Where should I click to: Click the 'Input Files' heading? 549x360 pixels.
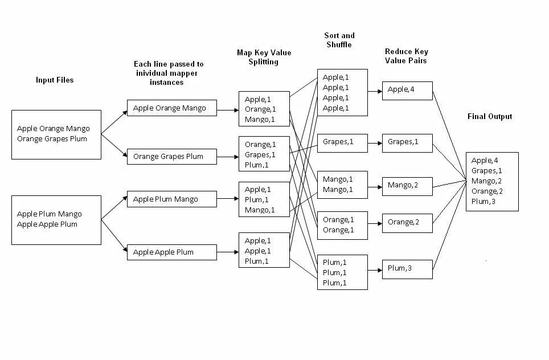point(55,80)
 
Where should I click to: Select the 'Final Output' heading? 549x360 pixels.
point(489,117)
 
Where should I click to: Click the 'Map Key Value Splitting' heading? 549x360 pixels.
point(264,57)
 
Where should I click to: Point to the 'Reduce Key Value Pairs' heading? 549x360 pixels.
point(406,56)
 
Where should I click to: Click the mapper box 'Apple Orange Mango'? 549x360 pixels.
point(171,108)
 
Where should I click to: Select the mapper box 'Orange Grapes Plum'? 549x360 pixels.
point(171,156)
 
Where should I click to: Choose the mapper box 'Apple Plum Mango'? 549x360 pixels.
point(171,199)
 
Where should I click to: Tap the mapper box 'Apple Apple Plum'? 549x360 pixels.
point(171,252)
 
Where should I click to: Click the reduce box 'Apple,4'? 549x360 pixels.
point(407,90)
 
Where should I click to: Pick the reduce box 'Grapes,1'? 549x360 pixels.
point(407,142)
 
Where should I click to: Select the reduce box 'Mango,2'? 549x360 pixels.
point(407,186)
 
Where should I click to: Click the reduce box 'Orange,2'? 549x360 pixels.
point(407,223)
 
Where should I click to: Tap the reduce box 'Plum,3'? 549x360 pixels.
point(407,268)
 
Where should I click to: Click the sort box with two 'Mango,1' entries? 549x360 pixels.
point(342,184)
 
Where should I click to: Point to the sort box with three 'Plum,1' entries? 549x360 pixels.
point(342,272)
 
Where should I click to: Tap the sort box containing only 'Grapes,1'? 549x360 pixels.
point(342,142)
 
